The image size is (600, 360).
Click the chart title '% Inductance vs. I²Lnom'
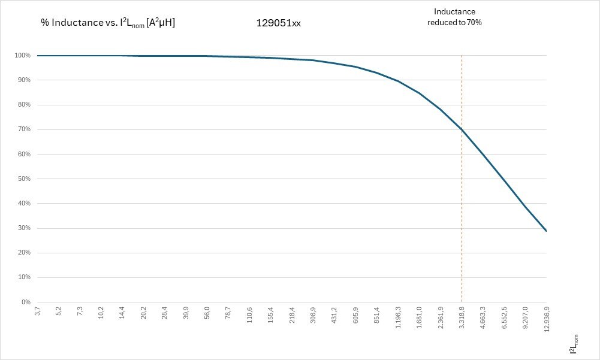[108, 23]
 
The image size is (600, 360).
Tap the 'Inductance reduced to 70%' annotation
[454, 17]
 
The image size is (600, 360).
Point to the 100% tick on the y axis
[22, 56]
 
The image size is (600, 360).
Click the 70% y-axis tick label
[23, 129]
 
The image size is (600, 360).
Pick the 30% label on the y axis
[23, 228]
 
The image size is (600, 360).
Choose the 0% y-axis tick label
[25, 302]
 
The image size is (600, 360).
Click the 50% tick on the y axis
[23, 179]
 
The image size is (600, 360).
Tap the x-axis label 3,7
[37, 312]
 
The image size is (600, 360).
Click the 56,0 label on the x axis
[207, 313]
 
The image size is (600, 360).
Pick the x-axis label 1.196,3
[398, 316]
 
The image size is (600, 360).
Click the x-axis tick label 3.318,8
[462, 316]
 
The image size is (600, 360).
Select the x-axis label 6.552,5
[504, 316]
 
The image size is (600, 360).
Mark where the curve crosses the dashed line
[462, 129]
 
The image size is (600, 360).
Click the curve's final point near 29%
[546, 231]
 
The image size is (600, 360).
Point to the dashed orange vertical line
[462, 240]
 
